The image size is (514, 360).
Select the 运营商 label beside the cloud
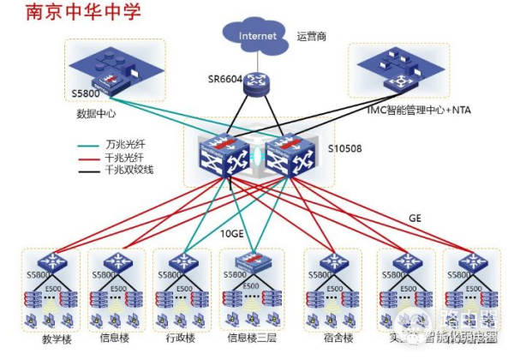pos(313,36)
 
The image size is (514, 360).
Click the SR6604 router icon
pos(254,83)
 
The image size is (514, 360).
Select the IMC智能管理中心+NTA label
pos(417,109)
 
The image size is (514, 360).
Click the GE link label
pos(415,219)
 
